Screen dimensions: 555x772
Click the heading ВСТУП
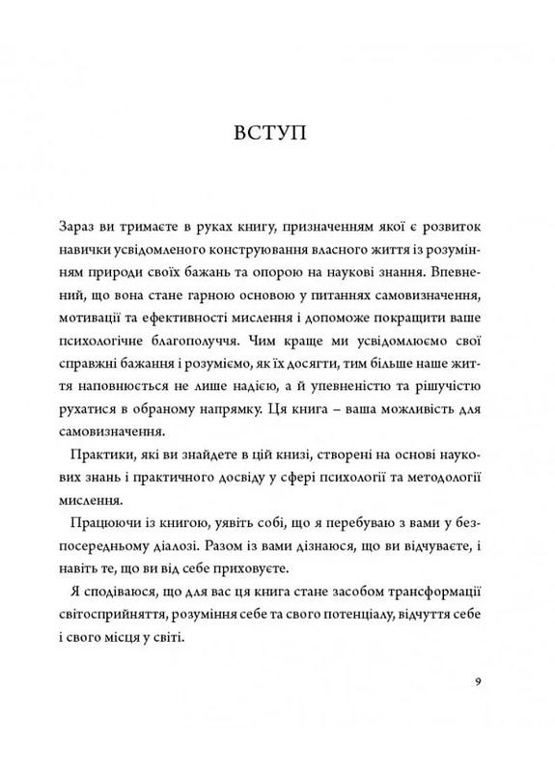click(x=277, y=132)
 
